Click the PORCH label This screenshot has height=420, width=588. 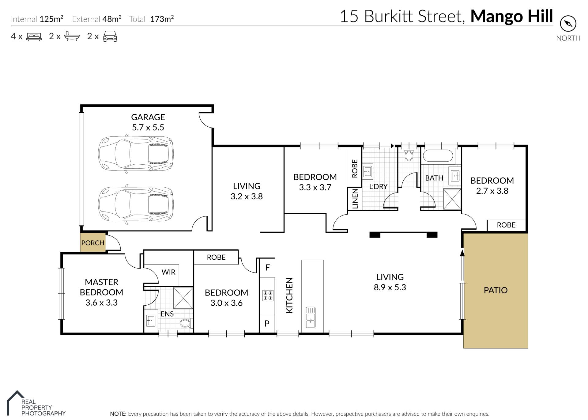pyautogui.click(x=93, y=243)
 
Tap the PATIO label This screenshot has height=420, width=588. pyautogui.click(x=496, y=290)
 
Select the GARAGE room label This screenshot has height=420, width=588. pyautogui.click(x=148, y=117)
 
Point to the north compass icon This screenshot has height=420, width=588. pyautogui.click(x=568, y=24)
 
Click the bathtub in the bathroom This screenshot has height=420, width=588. pyautogui.click(x=438, y=156)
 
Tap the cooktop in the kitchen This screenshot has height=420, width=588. pyautogui.click(x=268, y=296)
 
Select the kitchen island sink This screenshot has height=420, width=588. pyautogui.click(x=311, y=317)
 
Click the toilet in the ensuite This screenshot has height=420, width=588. pyautogui.click(x=186, y=323)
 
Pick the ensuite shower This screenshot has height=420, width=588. pyautogui.click(x=183, y=298)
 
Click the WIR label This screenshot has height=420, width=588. pyautogui.click(x=168, y=272)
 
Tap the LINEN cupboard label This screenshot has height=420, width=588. pyautogui.click(x=355, y=199)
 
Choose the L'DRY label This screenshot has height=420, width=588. pyautogui.click(x=378, y=186)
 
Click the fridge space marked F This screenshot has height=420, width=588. pyautogui.click(x=267, y=268)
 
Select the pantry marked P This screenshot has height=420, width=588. pyautogui.click(x=267, y=323)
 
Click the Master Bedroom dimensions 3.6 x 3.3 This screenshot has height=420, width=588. pyautogui.click(x=101, y=303)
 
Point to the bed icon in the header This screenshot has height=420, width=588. pyautogui.click(x=34, y=36)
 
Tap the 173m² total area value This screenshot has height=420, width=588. pyautogui.click(x=162, y=19)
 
